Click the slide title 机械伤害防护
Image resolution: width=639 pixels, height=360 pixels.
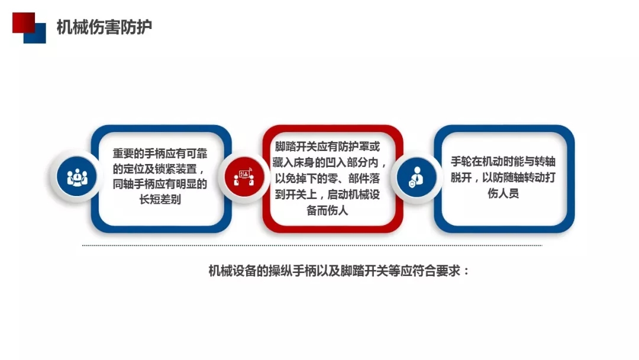[x=104, y=27]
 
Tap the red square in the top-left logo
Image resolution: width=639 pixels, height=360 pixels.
[x=24, y=22]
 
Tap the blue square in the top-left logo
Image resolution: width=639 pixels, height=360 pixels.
[x=35, y=33]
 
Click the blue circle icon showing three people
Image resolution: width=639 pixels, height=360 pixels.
[x=77, y=177]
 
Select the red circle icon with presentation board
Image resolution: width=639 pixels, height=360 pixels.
[x=244, y=177]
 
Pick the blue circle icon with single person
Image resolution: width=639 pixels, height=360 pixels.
[x=417, y=177]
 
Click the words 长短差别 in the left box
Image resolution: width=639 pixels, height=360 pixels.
[x=160, y=200]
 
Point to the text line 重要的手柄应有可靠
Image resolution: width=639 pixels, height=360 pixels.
[x=160, y=154]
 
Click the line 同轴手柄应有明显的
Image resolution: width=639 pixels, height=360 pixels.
[x=160, y=184]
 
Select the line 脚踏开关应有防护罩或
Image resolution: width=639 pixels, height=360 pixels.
[x=327, y=146]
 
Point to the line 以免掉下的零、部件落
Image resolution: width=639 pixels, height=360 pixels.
[x=327, y=178]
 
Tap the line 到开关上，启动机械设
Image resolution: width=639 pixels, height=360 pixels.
[x=327, y=194]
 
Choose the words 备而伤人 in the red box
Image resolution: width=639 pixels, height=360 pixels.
[x=327, y=210]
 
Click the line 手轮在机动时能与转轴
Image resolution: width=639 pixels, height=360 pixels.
[x=503, y=162]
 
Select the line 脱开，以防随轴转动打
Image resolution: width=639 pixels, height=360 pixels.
[x=503, y=178]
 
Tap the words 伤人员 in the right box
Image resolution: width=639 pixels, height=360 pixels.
[x=503, y=193]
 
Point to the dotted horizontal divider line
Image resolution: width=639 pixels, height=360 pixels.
[x=312, y=246]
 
